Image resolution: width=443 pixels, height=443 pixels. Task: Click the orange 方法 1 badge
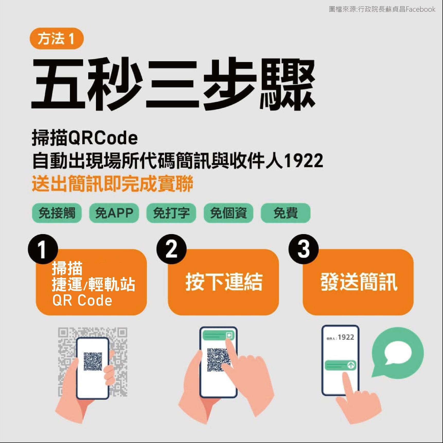coord(57,39)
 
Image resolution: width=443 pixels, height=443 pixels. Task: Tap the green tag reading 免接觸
coord(57,213)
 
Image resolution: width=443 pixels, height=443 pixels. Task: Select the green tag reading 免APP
coord(114,213)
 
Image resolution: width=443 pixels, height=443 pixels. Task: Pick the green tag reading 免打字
coord(171,213)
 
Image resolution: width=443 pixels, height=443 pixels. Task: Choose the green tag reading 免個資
coord(228,213)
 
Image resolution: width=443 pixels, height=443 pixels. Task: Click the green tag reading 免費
coord(286,213)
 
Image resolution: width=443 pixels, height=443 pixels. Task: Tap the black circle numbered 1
coord(43,249)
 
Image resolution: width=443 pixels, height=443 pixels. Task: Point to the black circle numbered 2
coord(171,249)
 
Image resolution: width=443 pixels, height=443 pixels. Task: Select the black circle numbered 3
coord(304,249)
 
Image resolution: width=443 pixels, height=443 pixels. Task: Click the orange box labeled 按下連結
coord(223,282)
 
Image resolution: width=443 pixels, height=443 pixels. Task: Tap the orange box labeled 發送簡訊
coord(358,282)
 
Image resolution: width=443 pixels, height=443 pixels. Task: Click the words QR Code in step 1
coord(82,300)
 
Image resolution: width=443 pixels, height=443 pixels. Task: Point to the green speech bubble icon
coord(398,353)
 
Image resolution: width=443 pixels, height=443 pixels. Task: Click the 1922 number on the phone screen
coord(346,337)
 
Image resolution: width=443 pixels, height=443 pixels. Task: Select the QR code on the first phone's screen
coord(93,361)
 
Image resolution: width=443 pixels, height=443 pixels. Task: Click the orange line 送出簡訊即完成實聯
coord(112,184)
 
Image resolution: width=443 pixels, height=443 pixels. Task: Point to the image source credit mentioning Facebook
coord(382,10)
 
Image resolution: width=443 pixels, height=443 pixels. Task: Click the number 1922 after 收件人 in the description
coord(304,161)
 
